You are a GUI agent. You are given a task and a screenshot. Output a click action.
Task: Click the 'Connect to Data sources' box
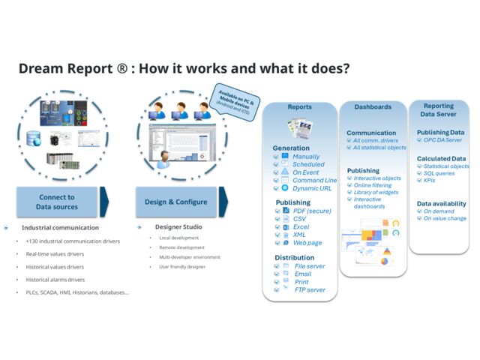pos(56,202)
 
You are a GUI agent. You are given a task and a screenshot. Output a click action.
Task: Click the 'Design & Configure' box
pos(175,202)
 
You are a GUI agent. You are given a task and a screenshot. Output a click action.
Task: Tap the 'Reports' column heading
pos(299,107)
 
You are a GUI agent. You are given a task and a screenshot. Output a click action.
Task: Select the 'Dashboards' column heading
pos(373,107)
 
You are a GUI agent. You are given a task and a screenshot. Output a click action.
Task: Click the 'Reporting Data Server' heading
pos(439,110)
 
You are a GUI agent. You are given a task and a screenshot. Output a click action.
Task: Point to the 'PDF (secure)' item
pos(313,211)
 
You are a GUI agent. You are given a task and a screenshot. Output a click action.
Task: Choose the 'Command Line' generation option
pos(314,180)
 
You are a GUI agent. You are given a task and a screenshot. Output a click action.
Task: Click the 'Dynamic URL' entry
pos(311,188)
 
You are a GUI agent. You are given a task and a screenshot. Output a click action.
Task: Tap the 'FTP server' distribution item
pos(310,289)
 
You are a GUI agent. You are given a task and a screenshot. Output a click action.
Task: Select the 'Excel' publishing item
pos(301,226)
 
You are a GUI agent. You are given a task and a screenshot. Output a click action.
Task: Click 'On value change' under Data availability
pos(445,218)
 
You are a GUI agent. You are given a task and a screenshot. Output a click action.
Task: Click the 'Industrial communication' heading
pos(60,227)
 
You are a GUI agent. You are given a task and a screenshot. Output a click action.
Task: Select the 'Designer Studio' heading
pos(178,226)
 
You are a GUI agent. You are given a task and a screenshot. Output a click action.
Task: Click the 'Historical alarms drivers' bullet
pos(55,279)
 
